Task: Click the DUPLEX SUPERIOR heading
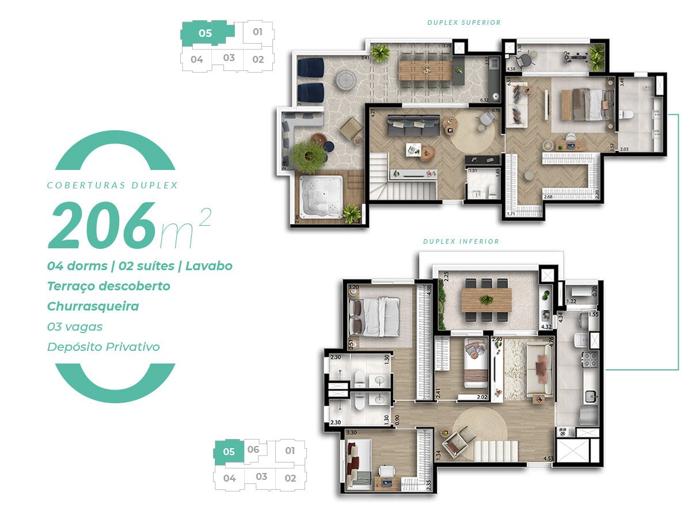tap(464, 22)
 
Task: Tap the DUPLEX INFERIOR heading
tap(461, 241)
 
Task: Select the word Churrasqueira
tap(93, 306)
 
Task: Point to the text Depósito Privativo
tap(104, 347)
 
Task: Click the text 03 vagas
tap(75, 327)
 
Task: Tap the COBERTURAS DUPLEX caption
tap(112, 186)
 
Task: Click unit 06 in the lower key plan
tap(253, 450)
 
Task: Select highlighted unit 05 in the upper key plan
tap(206, 33)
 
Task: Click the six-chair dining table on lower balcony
tap(486, 300)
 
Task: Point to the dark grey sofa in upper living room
tap(412, 123)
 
